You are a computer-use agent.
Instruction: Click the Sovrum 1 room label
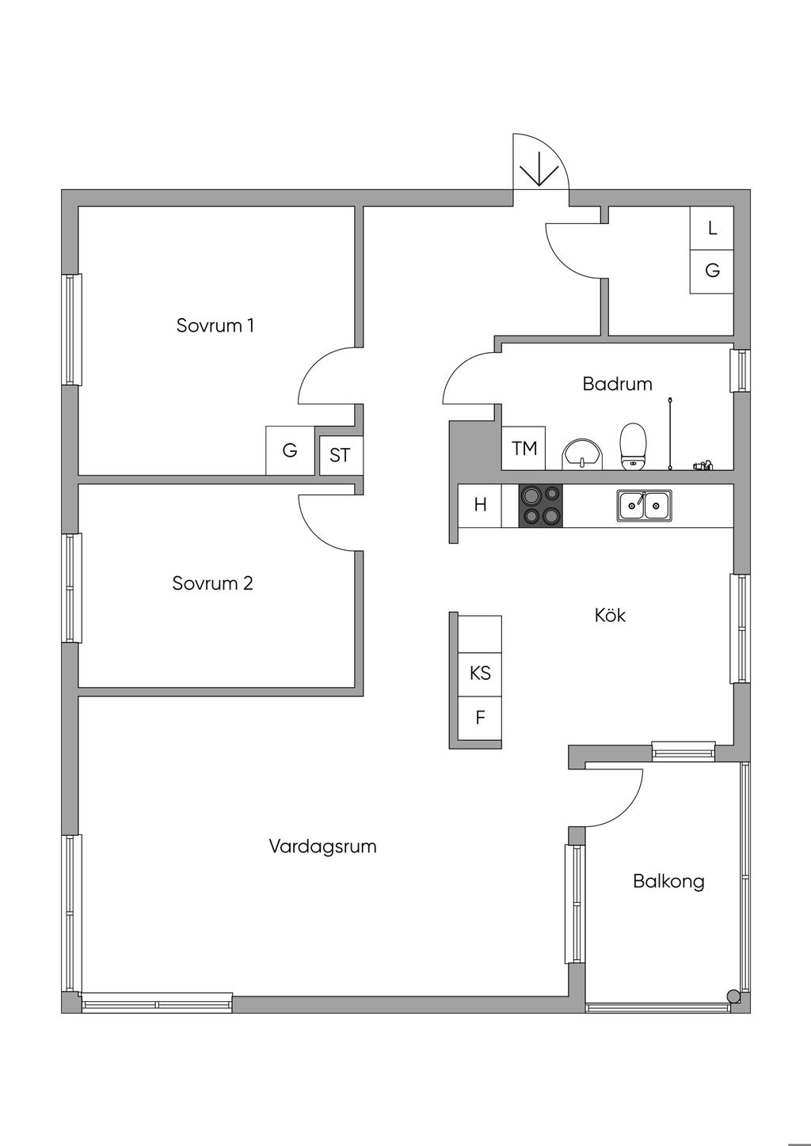pyautogui.click(x=215, y=325)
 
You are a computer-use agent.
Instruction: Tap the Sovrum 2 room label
pyautogui.click(x=212, y=583)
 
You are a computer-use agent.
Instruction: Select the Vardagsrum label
pyautogui.click(x=322, y=846)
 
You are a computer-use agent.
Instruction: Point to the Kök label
pyautogui.click(x=610, y=615)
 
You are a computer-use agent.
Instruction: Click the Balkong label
pyautogui.click(x=668, y=881)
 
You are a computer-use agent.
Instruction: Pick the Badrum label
pyautogui.click(x=617, y=384)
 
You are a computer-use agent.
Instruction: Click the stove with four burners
pyautogui.click(x=540, y=506)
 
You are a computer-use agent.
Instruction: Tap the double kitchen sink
pyautogui.click(x=645, y=505)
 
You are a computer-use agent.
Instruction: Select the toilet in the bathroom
pyautogui.click(x=633, y=447)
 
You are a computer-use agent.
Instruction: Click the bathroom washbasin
pyautogui.click(x=582, y=454)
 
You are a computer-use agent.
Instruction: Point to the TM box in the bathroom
pyautogui.click(x=524, y=449)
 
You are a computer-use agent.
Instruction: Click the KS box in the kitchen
pyautogui.click(x=480, y=673)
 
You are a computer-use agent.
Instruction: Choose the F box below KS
pyautogui.click(x=480, y=718)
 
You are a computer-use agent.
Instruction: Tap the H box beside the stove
pyautogui.click(x=480, y=505)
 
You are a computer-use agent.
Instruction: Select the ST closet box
pyautogui.click(x=340, y=455)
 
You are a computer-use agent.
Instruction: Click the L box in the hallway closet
pyautogui.click(x=712, y=228)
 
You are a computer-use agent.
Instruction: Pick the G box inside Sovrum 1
pyautogui.click(x=290, y=450)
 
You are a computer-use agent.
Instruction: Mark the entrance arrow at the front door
pyautogui.click(x=539, y=169)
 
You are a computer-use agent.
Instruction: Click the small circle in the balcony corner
pyautogui.click(x=733, y=996)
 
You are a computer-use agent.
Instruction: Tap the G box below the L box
pyautogui.click(x=712, y=271)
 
